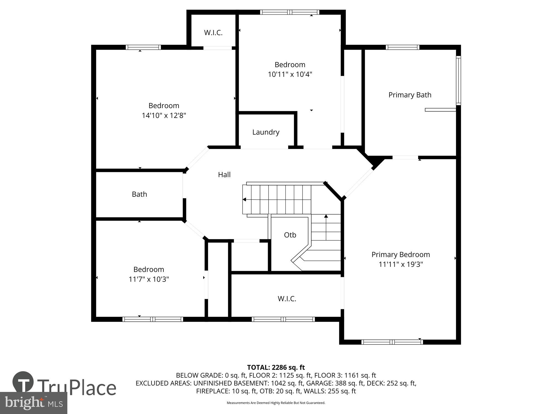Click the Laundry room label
(x=266, y=132)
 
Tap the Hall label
(x=224, y=175)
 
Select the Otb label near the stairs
(x=290, y=235)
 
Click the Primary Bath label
(x=410, y=95)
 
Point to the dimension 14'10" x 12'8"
(x=164, y=115)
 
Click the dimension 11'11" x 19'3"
(x=400, y=264)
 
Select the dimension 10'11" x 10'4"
(x=290, y=75)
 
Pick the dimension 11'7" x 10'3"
(x=149, y=279)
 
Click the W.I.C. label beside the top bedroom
(x=213, y=33)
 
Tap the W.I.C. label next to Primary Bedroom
(x=287, y=299)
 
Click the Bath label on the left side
(x=139, y=194)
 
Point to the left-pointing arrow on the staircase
(x=245, y=199)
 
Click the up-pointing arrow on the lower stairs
(x=326, y=216)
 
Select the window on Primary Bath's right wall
(x=458, y=80)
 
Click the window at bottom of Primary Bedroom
(x=392, y=342)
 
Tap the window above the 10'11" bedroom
(x=290, y=12)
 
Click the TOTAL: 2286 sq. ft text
(x=276, y=367)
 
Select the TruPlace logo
(x=64, y=386)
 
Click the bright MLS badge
(x=33, y=403)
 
